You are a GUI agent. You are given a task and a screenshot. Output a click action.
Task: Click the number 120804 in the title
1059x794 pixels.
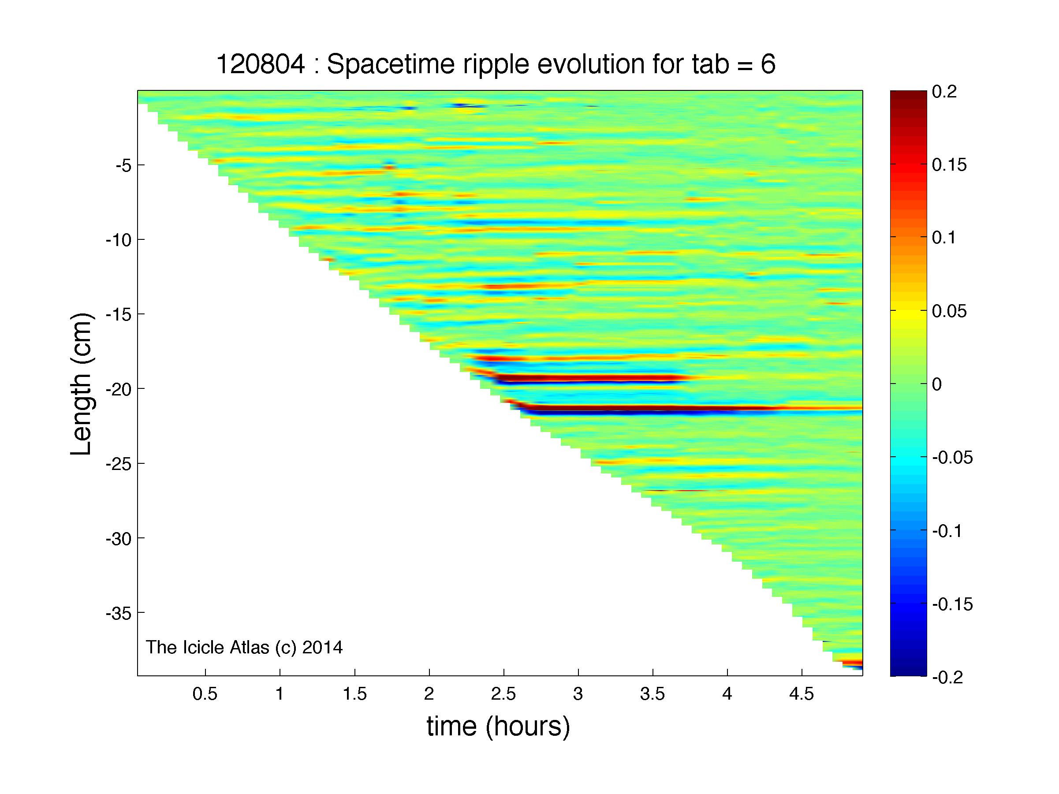pos(261,65)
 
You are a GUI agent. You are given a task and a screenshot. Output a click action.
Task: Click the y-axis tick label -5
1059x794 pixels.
pos(123,165)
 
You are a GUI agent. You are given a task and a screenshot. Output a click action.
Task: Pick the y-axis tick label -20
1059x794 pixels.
pos(118,389)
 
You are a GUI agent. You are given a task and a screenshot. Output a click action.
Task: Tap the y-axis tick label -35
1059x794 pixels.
pos(118,613)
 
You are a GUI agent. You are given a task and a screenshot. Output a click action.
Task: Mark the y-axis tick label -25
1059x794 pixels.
pos(118,464)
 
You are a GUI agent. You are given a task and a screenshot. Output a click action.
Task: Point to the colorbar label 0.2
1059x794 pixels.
pos(944,91)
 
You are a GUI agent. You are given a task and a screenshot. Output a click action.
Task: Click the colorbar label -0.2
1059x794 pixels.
pos(947,678)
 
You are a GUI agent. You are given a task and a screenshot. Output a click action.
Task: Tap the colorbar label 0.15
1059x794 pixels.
pos(949,165)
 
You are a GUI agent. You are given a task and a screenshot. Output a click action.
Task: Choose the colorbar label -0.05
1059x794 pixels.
pos(952,458)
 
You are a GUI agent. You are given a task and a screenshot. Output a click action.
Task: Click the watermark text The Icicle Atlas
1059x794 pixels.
pos(208,647)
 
